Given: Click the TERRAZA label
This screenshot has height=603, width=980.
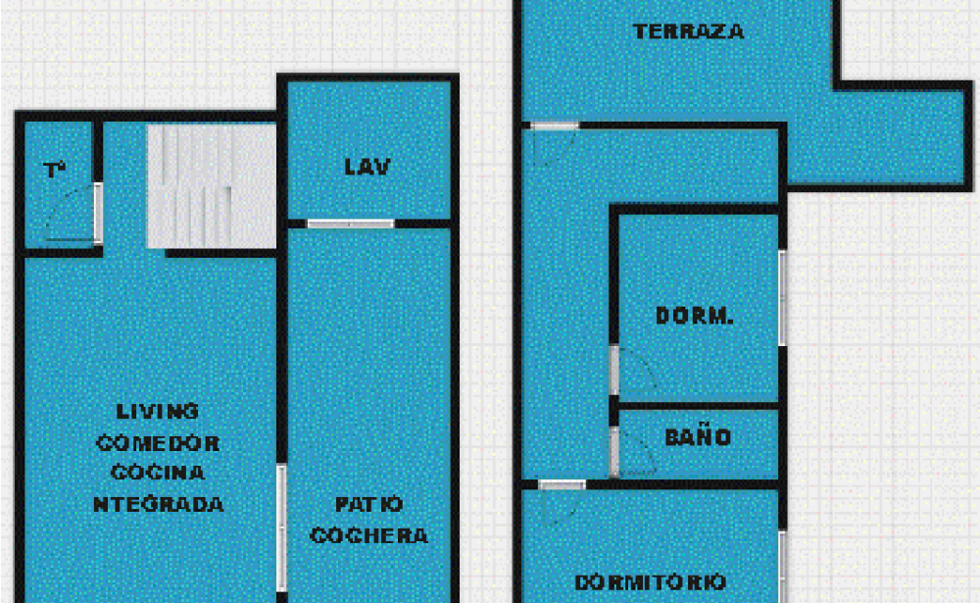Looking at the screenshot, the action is click(x=689, y=31).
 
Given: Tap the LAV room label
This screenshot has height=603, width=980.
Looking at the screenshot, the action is click(x=367, y=167).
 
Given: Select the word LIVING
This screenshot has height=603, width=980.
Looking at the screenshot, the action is click(x=158, y=411).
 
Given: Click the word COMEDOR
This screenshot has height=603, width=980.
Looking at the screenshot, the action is click(x=158, y=443).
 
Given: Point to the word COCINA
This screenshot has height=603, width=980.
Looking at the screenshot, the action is click(x=158, y=473).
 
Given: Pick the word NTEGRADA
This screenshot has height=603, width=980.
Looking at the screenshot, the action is click(x=159, y=504).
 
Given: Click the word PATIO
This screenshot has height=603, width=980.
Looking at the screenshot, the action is click(x=368, y=504).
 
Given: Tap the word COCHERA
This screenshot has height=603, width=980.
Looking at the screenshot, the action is click(x=368, y=535).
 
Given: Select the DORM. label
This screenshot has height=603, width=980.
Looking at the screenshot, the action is click(x=695, y=316).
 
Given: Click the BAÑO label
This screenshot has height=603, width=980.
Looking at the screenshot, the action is click(x=698, y=437).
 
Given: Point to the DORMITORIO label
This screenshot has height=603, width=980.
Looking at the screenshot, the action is click(x=650, y=582).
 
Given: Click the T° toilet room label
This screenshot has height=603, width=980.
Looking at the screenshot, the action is click(x=54, y=170).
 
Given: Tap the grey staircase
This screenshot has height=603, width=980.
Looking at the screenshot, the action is click(x=212, y=185).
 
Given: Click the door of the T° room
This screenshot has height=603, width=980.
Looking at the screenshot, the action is click(x=97, y=213).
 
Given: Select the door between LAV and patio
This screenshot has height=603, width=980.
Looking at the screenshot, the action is click(x=351, y=224).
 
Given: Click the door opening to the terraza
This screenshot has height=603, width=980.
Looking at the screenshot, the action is click(x=555, y=126).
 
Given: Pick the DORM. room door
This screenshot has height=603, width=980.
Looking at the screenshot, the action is click(x=614, y=370).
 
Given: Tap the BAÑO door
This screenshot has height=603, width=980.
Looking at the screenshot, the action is click(x=614, y=452).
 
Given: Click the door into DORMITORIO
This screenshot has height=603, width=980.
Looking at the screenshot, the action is click(x=562, y=484).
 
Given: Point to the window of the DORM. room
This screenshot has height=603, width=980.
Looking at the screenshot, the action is click(x=782, y=298).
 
